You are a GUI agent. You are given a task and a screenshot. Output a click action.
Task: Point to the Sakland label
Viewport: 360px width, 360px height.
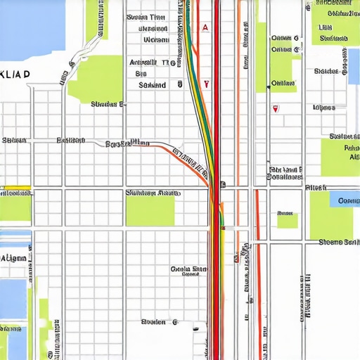pos(153,84)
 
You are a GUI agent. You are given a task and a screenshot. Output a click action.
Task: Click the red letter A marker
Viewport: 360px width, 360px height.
pos(205,27)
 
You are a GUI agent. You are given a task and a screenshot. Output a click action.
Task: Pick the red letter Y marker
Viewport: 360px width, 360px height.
pos(206,83)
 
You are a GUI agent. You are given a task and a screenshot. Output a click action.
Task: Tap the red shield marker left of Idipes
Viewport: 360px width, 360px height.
pos(274,109)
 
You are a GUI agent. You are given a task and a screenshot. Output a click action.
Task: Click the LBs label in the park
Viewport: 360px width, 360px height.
pos(326,27)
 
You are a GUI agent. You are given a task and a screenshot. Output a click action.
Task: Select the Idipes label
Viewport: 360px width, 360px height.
pos(323,108)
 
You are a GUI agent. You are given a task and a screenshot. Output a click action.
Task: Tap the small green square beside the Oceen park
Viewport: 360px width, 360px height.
pos(287,220)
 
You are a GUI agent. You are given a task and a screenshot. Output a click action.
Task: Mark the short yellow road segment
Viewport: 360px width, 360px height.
pos(15,188)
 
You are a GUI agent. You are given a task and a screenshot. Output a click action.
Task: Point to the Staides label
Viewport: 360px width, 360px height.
pos(326,71)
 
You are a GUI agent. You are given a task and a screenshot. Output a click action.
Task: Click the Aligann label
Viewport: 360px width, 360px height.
pos(14,258)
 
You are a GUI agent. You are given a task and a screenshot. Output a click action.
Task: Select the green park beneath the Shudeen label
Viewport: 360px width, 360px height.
pos(150,210)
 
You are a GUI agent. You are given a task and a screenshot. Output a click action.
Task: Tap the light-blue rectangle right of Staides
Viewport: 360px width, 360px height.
pos(353,67)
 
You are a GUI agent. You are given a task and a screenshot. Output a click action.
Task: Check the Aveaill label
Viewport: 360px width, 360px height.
pos(150,62)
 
